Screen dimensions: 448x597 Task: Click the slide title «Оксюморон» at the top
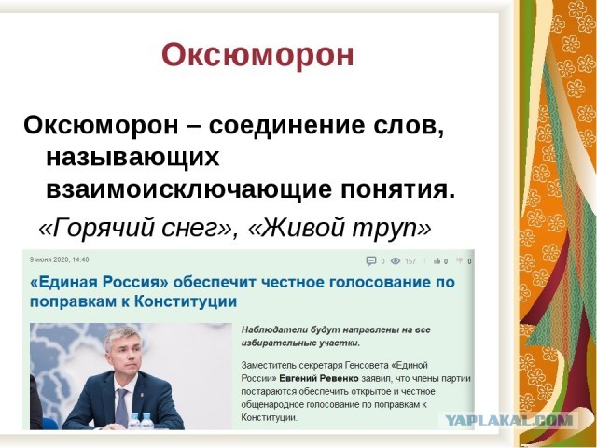click(x=257, y=54)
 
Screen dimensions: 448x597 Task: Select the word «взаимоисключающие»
click(x=162, y=189)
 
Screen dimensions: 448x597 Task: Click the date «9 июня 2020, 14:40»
click(x=60, y=260)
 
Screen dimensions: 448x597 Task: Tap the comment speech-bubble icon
click(x=370, y=261)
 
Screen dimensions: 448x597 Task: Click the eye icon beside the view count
click(x=396, y=261)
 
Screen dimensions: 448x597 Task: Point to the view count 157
click(x=410, y=261)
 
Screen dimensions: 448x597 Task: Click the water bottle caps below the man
click(x=141, y=418)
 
